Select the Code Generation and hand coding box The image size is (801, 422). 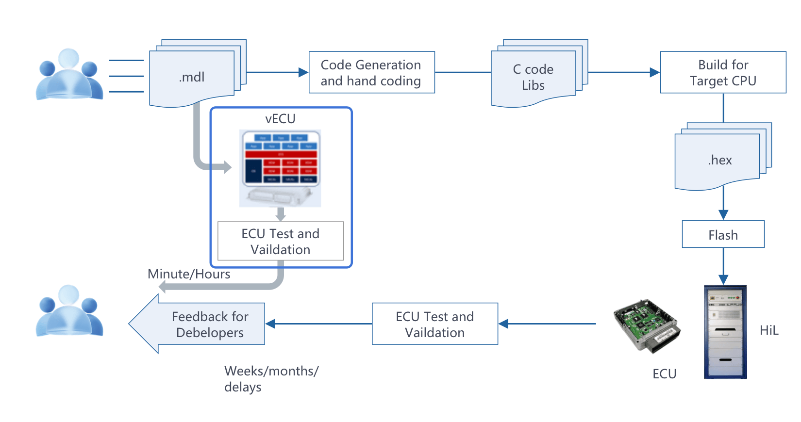tap(371, 72)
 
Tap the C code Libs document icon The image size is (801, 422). tap(534, 77)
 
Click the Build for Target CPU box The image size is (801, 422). tap(723, 72)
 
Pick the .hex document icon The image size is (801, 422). tap(718, 160)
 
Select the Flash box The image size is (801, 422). tap(723, 235)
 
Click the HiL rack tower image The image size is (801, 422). tap(725, 332)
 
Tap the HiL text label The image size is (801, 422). tap(769, 330)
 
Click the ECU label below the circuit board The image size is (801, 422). tap(664, 374)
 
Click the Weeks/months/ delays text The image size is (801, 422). tap(271, 379)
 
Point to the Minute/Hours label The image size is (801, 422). tap(189, 274)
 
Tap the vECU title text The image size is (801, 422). tap(280, 119)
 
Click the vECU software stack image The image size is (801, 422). tap(280, 168)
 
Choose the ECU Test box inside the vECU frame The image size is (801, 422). tap(281, 241)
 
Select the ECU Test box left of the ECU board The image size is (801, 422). tap(434, 324)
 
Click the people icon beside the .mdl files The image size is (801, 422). tap(69, 75)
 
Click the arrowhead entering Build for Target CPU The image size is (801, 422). tap(655, 72)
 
